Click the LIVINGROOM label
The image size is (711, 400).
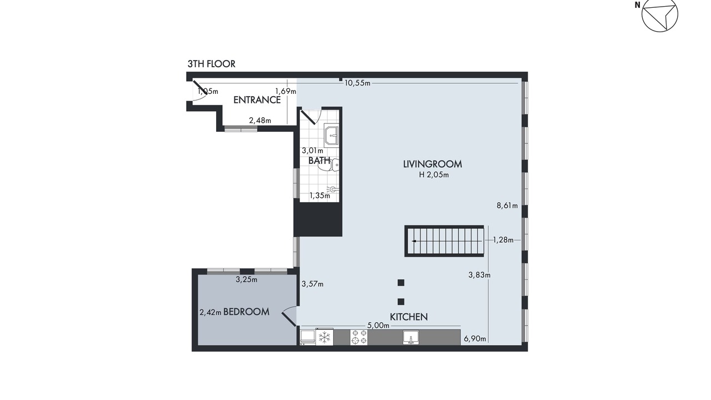[432, 164]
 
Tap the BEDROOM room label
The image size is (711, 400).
[246, 312]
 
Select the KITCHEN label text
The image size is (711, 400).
[409, 317]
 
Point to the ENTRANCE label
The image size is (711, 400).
[257, 100]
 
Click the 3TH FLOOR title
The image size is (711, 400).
[212, 64]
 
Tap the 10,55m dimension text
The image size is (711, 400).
[357, 83]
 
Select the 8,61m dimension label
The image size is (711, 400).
[507, 206]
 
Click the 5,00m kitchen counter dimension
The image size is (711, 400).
[378, 326]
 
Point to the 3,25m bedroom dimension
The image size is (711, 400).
[247, 279]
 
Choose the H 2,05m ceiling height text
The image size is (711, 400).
[434, 174]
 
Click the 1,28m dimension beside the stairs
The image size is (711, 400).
[503, 240]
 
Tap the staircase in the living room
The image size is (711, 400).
[444, 241]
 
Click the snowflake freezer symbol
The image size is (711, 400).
[324, 337]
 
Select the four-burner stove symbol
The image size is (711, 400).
[359, 337]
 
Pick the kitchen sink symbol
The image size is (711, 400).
[411, 337]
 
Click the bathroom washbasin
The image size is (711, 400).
[332, 136]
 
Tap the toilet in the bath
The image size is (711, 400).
[330, 165]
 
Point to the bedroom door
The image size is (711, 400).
[289, 319]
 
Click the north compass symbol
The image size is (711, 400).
[660, 14]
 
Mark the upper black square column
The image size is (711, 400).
[401, 283]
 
